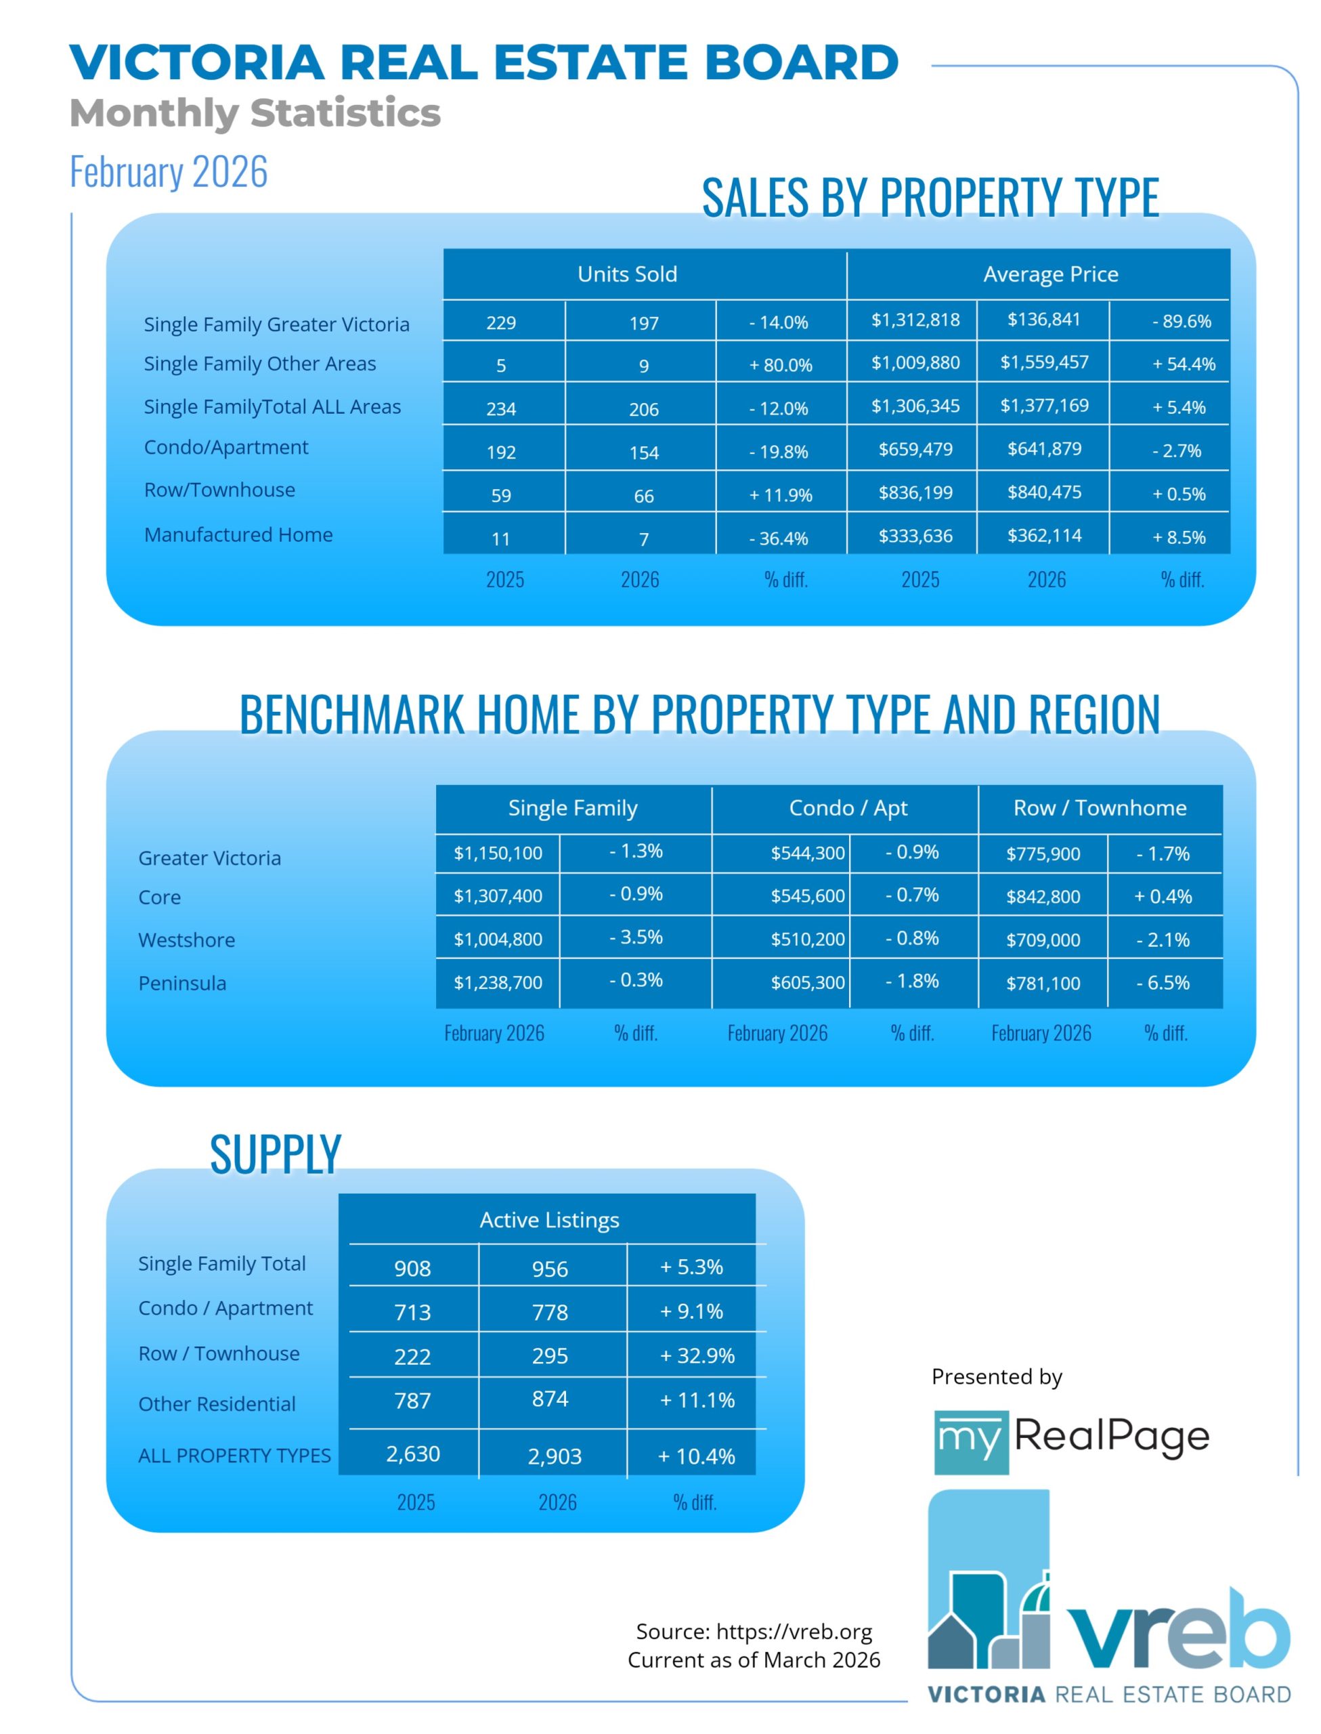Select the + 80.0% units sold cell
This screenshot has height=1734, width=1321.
[780, 365]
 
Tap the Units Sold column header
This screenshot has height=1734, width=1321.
[627, 274]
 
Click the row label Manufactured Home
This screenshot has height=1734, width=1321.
[238, 534]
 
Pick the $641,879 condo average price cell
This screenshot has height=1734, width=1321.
[1043, 449]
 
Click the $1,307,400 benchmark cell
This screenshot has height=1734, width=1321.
[498, 895]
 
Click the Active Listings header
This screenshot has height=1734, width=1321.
[549, 1220]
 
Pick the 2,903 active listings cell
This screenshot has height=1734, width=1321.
[555, 1456]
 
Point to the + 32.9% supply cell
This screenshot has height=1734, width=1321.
[697, 1356]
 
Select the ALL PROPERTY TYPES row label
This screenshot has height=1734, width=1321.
[234, 1456]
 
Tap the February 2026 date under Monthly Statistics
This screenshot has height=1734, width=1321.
[169, 171]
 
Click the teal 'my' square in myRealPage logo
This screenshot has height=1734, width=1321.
[970, 1442]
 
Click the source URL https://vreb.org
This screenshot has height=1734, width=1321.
[794, 1632]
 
